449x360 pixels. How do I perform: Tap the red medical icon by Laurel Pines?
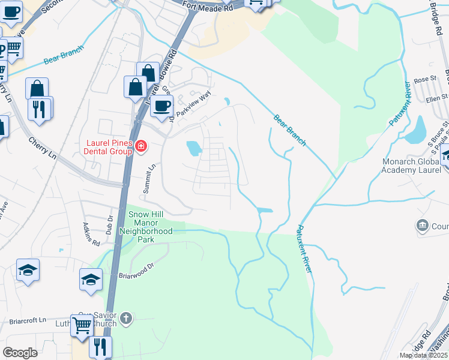141,146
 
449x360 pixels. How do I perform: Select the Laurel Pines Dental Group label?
107,147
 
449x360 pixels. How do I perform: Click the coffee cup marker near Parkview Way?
161,107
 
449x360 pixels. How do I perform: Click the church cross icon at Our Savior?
125,317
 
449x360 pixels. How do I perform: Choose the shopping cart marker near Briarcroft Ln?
82,326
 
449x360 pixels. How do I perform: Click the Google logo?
20,353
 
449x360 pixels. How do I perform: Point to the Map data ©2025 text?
423,355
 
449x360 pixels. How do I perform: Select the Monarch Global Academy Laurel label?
415,166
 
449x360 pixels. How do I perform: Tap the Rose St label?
424,79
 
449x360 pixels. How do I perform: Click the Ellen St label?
436,98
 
